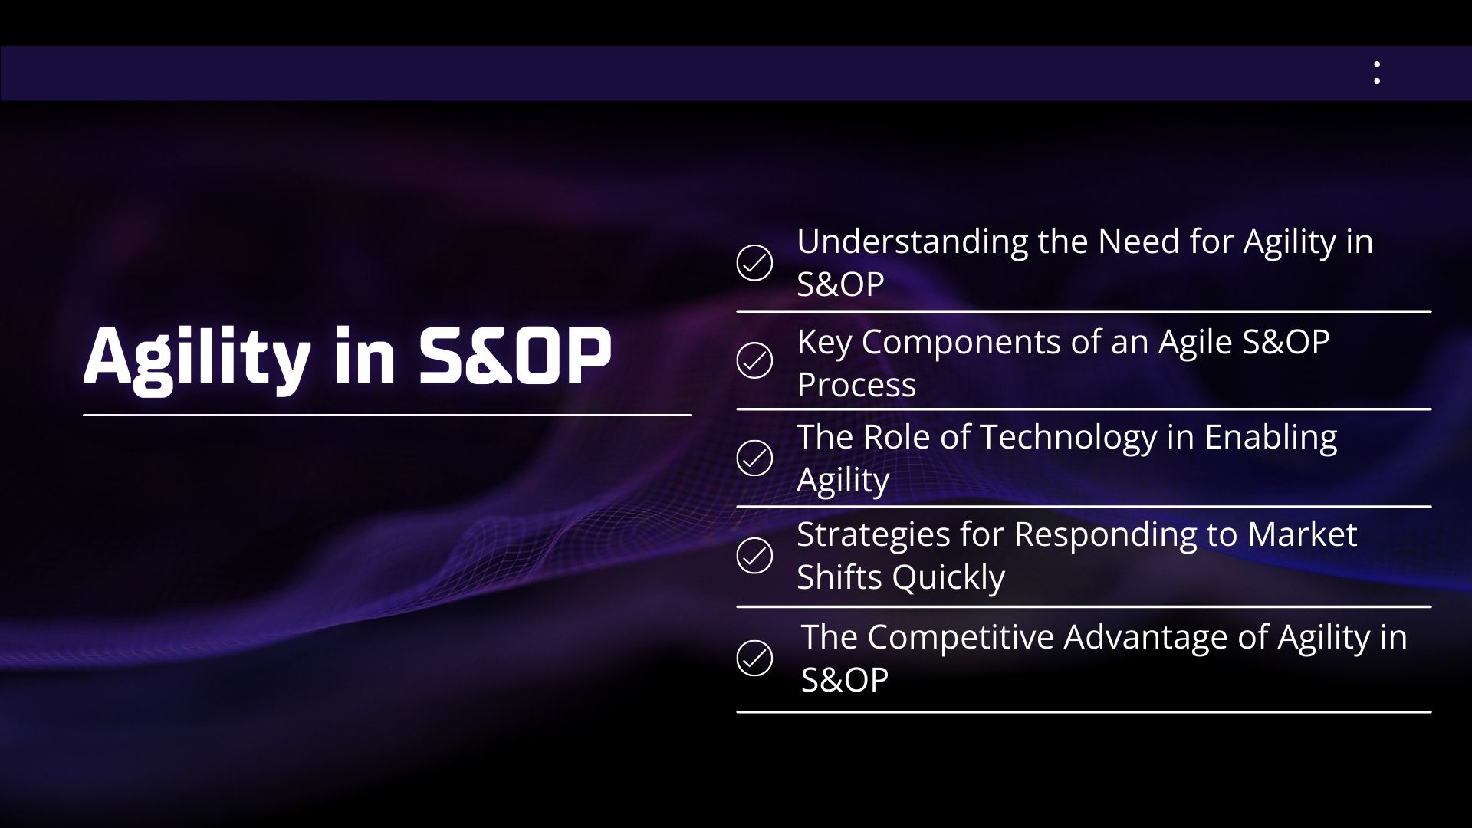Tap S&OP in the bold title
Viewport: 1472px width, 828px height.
(514, 356)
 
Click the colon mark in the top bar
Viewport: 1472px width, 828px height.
(1377, 73)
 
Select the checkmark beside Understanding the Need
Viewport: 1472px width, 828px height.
(754, 263)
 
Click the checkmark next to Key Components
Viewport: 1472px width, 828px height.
(754, 360)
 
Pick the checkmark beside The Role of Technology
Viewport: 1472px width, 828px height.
(754, 458)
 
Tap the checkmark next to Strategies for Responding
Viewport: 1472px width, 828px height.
(754, 556)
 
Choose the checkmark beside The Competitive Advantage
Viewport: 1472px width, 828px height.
(754, 658)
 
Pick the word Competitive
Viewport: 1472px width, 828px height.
(961, 639)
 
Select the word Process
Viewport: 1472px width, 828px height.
(856, 385)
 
